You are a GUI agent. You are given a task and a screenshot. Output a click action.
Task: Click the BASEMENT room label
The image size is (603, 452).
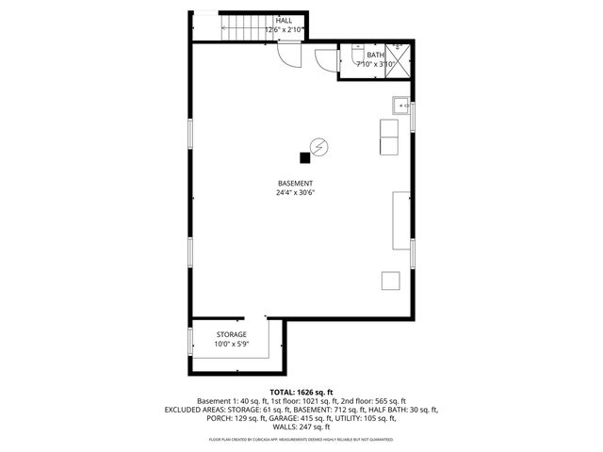click(x=295, y=183)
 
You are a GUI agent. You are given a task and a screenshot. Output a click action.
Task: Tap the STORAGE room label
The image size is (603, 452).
click(x=231, y=334)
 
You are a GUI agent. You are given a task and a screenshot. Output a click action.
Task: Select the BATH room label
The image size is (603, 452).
click(x=363, y=56)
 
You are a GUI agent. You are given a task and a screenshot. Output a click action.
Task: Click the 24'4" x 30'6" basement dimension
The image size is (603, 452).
click(x=295, y=193)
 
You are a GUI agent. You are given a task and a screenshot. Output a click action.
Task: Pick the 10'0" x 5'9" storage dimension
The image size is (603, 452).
click(x=231, y=345)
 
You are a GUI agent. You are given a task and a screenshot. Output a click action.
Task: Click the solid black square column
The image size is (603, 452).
click(x=304, y=157)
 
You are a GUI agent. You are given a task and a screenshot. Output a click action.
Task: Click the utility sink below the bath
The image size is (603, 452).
click(x=401, y=105)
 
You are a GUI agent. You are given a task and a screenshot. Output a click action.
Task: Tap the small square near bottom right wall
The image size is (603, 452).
click(x=390, y=280)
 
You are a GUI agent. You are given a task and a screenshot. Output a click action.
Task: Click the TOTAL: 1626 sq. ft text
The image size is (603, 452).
click(x=301, y=392)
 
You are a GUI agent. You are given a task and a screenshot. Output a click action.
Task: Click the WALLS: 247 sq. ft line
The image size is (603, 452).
click(x=301, y=427)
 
